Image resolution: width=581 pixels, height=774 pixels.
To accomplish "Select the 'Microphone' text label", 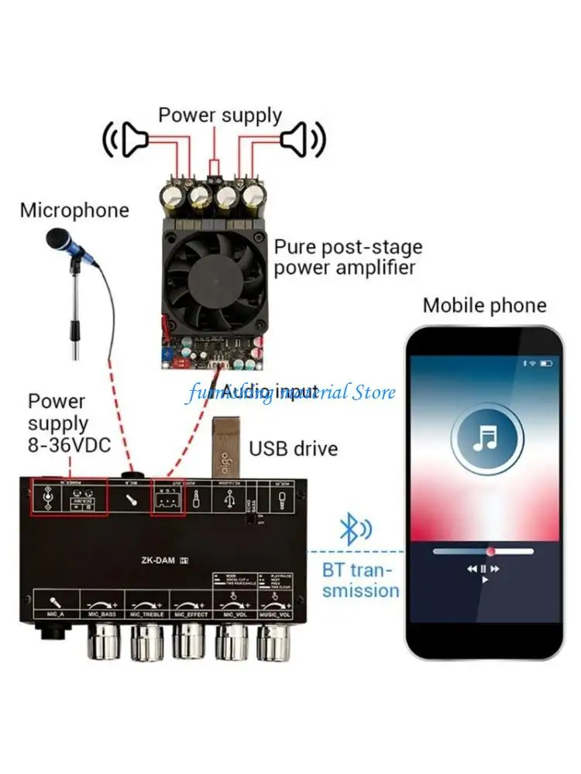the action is [74, 210].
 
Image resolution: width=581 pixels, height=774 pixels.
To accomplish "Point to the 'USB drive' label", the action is [293, 448].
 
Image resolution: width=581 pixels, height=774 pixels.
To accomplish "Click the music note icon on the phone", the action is [485, 439].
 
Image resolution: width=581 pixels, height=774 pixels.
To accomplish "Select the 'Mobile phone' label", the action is [484, 305].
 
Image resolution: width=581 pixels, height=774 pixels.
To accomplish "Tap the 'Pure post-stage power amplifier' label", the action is [348, 258].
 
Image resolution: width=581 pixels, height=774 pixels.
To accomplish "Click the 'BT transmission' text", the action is [361, 580].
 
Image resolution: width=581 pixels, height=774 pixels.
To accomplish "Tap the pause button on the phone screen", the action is [484, 568].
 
